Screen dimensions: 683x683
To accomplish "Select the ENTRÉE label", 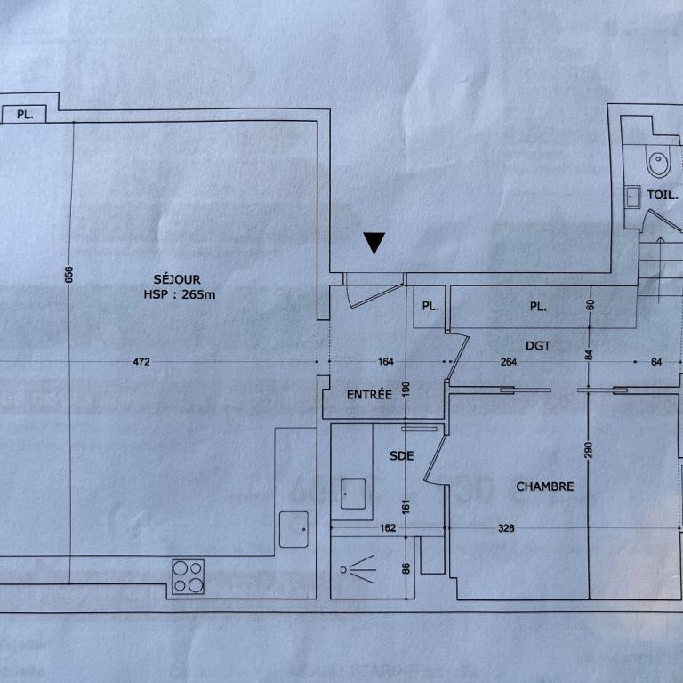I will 369,394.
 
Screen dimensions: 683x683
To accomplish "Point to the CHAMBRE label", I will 545,486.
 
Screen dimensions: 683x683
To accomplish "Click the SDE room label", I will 402,456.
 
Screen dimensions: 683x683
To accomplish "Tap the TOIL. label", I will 663,194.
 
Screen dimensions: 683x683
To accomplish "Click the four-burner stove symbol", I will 188,576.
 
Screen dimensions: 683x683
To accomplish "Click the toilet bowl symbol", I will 658,164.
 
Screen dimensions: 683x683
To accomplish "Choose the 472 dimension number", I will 141,361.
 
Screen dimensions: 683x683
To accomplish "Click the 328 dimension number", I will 506,528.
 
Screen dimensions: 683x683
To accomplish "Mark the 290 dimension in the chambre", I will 588,449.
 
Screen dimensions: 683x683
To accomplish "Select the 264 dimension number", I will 508,361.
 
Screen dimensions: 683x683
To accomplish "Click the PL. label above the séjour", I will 26,115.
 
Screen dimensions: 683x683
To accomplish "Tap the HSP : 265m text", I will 180,294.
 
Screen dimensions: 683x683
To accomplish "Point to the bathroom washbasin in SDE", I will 353,492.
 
